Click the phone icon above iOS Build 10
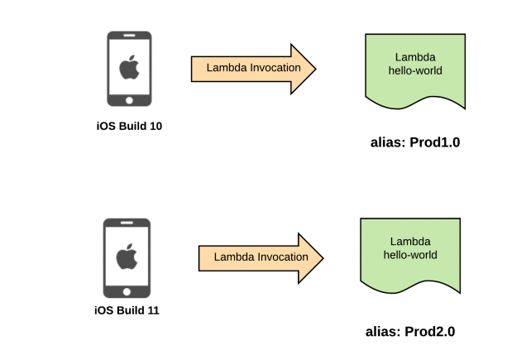[x=129, y=70]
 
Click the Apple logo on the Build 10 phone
[x=129, y=67]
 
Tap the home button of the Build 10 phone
[x=129, y=99]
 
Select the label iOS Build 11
[x=126, y=311]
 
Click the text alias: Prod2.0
[x=410, y=332]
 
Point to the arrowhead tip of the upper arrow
[x=315, y=67]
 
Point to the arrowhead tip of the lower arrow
[x=323, y=257]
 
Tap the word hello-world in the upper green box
[x=415, y=71]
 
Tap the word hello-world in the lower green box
[x=411, y=256]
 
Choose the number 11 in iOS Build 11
[x=153, y=311]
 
